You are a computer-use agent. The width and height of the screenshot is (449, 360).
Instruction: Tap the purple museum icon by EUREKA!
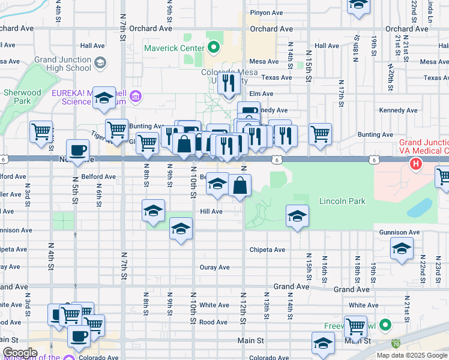point(136,96)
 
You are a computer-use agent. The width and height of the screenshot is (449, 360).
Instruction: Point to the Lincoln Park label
point(342,202)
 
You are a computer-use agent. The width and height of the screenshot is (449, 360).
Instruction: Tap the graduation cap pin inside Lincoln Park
point(297,216)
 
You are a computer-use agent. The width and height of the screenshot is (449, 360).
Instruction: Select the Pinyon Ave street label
point(267,12)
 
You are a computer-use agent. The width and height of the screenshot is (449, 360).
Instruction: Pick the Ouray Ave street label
point(215,267)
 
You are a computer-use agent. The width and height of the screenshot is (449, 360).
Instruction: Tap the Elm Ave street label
point(261,94)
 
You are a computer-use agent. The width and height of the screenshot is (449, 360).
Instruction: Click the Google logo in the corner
point(20,353)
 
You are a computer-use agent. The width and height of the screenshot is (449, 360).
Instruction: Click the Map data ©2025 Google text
point(411,355)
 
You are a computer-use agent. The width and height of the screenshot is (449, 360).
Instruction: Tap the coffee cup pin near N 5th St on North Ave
point(76,150)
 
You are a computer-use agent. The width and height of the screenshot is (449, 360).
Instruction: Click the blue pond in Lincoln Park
point(418,207)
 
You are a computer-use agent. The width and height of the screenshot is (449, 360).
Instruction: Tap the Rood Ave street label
point(213,322)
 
